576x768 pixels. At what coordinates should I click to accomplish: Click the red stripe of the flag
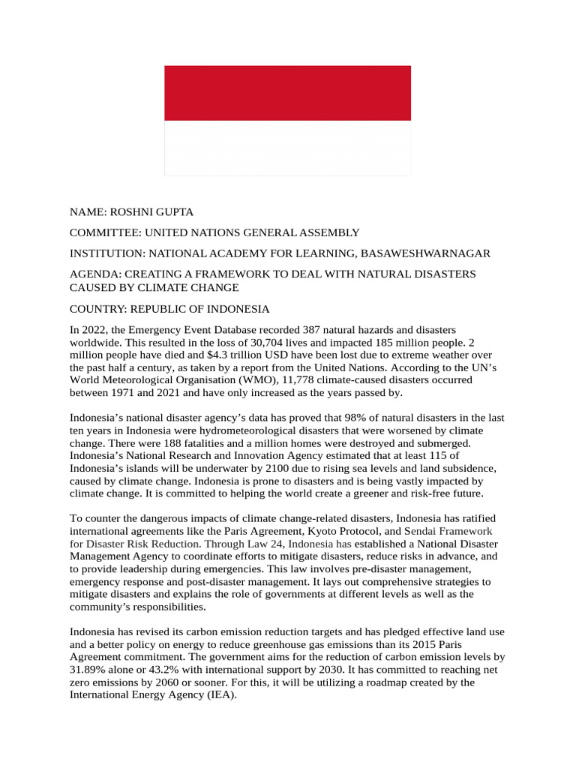click(287, 93)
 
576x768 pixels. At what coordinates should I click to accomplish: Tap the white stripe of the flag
click(287, 148)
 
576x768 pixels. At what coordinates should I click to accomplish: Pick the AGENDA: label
click(96, 274)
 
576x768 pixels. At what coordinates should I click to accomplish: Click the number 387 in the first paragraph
click(312, 330)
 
